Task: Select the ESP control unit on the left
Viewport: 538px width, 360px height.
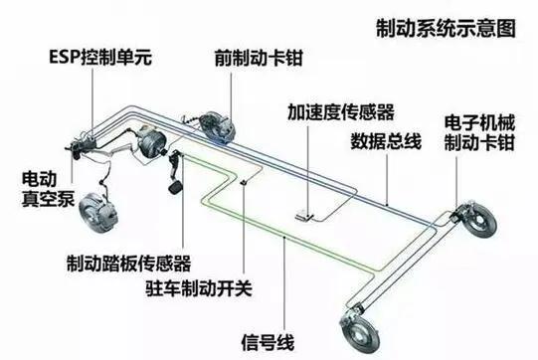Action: [x=81, y=136]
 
